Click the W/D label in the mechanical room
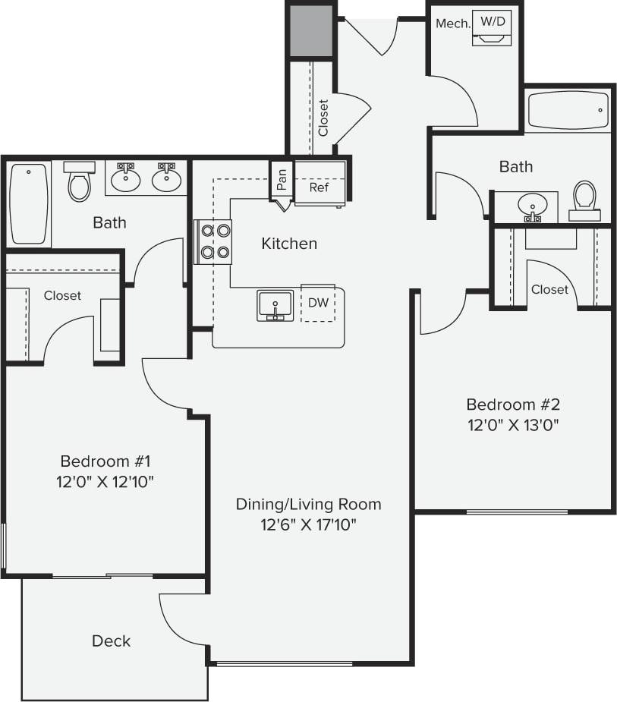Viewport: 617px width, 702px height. (493, 21)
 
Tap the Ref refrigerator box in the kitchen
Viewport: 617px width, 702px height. (319, 187)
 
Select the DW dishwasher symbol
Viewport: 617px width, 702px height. (318, 303)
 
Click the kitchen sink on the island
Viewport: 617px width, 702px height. (275, 305)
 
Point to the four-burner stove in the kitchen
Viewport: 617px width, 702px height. (213, 241)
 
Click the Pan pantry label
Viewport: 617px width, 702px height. (282, 179)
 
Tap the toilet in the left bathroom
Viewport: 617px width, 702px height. (80, 182)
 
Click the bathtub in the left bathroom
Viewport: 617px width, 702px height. (30, 203)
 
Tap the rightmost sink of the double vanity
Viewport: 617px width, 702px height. (166, 178)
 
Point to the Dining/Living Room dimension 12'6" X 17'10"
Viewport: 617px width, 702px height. (307, 524)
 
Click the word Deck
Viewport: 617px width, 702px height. (111, 641)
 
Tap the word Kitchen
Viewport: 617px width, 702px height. (289, 244)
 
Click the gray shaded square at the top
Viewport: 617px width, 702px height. (311, 30)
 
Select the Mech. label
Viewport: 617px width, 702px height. (453, 24)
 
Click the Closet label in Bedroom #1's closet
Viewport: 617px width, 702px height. (62, 295)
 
